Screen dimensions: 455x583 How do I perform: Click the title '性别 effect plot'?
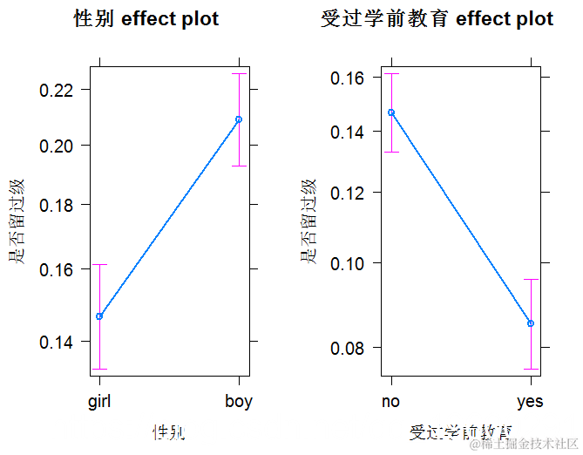point(146,19)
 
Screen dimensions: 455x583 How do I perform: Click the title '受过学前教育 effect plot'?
point(437,19)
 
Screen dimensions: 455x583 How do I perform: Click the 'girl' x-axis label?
point(99,402)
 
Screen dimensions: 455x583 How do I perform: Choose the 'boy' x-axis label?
point(238,402)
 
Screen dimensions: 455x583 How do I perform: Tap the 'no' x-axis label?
point(391,402)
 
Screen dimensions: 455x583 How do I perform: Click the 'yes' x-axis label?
point(530,402)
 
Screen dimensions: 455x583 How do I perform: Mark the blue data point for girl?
point(99,316)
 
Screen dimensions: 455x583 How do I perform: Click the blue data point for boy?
point(239,119)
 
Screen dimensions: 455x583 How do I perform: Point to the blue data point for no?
point(391,112)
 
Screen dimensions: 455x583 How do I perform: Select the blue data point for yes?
point(531,323)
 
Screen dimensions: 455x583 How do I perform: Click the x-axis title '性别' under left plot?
point(169,431)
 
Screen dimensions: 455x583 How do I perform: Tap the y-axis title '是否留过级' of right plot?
point(308,221)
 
